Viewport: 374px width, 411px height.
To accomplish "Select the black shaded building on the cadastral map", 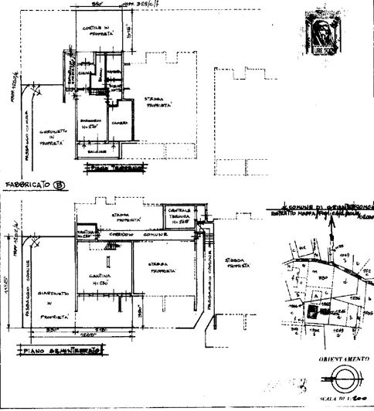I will click(311, 309).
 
